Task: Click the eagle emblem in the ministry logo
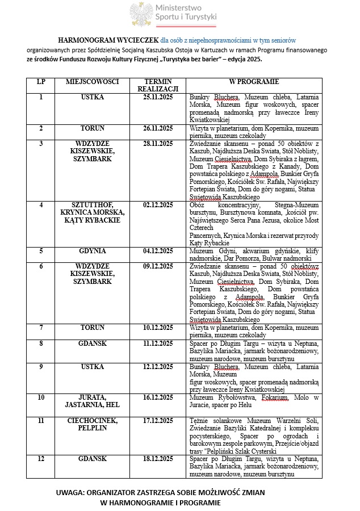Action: pos(141,14)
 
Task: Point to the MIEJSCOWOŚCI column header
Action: pos(92,82)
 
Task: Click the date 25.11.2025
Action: pos(158,97)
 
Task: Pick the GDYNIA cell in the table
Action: pos(92,250)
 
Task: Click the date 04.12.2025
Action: pos(158,250)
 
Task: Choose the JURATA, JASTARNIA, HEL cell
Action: pos(92,401)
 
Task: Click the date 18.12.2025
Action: pos(158,458)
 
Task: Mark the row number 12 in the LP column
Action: pos(41,458)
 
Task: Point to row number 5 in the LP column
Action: pos(41,250)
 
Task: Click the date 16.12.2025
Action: pos(158,397)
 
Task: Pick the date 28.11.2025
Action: pos(158,144)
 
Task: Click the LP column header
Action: pos(41,82)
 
